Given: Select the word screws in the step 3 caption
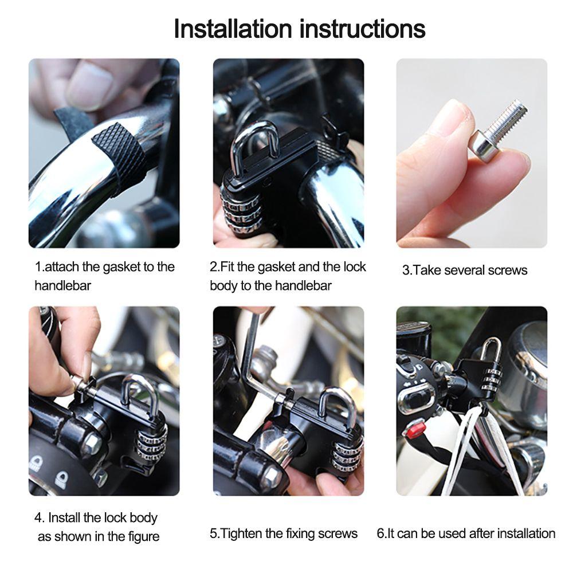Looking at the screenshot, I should [x=505, y=270].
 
